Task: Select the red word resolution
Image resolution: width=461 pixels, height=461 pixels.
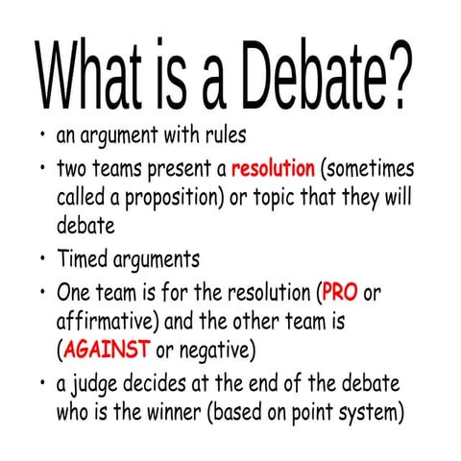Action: [x=273, y=170]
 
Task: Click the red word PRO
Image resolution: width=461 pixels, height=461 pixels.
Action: [x=341, y=291]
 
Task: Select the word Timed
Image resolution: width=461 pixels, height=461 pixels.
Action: [x=83, y=258]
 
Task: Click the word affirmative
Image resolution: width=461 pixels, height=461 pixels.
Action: [x=105, y=319]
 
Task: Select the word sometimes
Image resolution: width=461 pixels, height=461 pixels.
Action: [x=370, y=170]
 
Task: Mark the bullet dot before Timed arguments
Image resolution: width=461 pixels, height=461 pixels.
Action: [x=43, y=258]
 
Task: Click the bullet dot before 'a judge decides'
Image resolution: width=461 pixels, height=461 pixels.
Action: [x=43, y=383]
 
